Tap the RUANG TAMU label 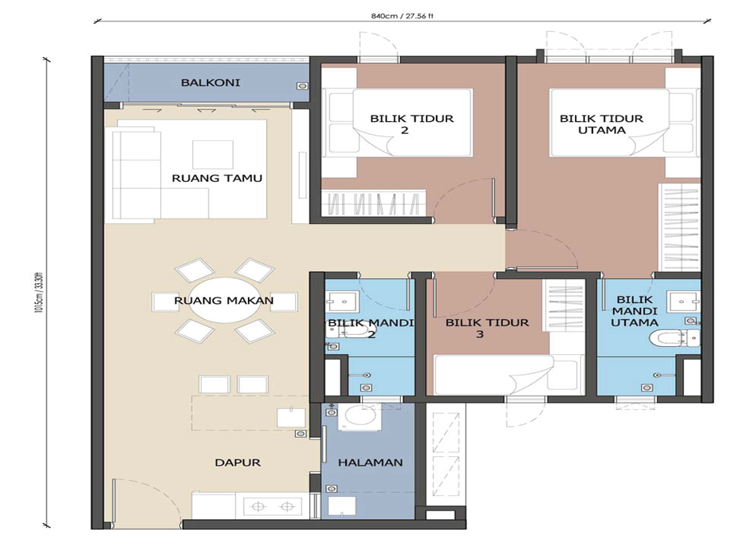(x=217, y=179)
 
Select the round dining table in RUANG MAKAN (x=225, y=301)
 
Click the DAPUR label (x=238, y=463)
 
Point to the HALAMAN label (x=370, y=463)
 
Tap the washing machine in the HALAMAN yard (x=361, y=417)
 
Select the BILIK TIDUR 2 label (x=412, y=124)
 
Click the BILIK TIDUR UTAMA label (x=601, y=124)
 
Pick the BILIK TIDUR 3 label (x=487, y=328)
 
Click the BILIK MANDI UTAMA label (x=635, y=311)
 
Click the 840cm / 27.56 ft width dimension (x=403, y=16)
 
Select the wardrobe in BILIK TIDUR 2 (x=374, y=203)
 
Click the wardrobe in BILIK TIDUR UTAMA (x=680, y=227)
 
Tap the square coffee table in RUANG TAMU (x=213, y=155)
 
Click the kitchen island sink (x=292, y=417)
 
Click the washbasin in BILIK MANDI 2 (x=341, y=300)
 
